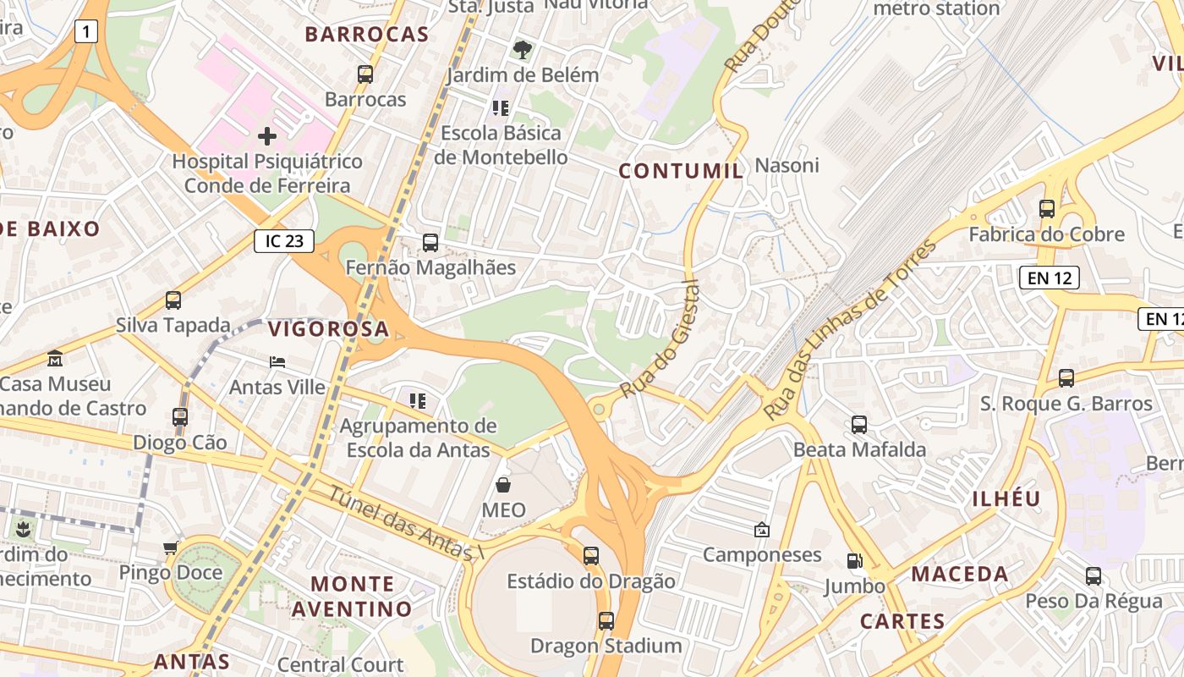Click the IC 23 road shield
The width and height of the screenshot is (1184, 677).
click(x=284, y=241)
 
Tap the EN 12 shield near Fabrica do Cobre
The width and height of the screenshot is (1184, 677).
click(x=1049, y=277)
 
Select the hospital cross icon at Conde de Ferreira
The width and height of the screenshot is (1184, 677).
click(x=267, y=135)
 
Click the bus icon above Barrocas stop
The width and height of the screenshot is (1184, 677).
click(x=365, y=74)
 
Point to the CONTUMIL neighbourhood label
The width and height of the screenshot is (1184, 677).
click(x=681, y=171)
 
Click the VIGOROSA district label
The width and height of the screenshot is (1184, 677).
click(x=328, y=329)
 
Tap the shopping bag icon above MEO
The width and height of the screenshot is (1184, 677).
click(x=503, y=485)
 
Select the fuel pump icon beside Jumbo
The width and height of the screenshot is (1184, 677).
click(x=855, y=560)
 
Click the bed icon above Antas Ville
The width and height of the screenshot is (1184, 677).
click(x=277, y=362)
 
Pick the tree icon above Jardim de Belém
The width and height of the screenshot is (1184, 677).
click(x=523, y=49)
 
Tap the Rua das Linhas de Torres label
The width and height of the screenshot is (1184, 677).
click(x=850, y=330)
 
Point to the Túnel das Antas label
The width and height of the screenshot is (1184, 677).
click(x=403, y=523)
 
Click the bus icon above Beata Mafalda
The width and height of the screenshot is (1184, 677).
click(x=859, y=424)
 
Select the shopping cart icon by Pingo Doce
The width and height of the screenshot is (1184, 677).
click(x=171, y=548)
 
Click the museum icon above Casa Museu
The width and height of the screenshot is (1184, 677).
click(x=55, y=358)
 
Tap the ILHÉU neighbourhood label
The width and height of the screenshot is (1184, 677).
click(x=1006, y=498)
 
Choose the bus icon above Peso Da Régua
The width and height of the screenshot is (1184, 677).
click(x=1094, y=576)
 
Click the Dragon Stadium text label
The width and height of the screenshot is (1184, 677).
click(x=606, y=646)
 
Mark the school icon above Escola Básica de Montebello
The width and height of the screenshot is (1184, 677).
click(x=501, y=107)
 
